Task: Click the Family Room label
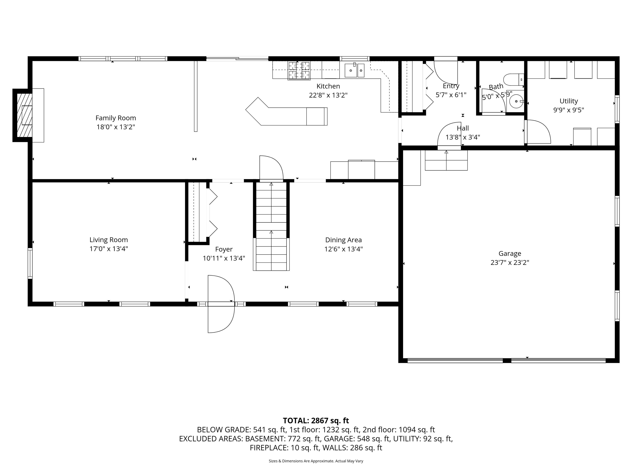coord(115,118)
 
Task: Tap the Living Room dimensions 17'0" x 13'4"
coord(109,249)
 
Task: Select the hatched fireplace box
coord(24,115)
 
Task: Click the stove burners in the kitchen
coord(299,70)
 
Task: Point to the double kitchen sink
coord(354,70)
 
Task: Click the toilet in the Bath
coord(513,80)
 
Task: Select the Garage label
coord(510,253)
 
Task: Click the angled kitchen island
coord(286,113)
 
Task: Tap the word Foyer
coord(224,249)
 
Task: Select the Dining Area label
coord(343,240)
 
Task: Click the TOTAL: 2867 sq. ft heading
coord(316,421)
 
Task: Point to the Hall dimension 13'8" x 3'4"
coord(462,137)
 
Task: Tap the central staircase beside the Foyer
coord(271,226)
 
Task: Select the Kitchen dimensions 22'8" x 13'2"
coord(328,95)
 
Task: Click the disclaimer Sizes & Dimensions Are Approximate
coord(316,461)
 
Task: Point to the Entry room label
coord(451,86)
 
